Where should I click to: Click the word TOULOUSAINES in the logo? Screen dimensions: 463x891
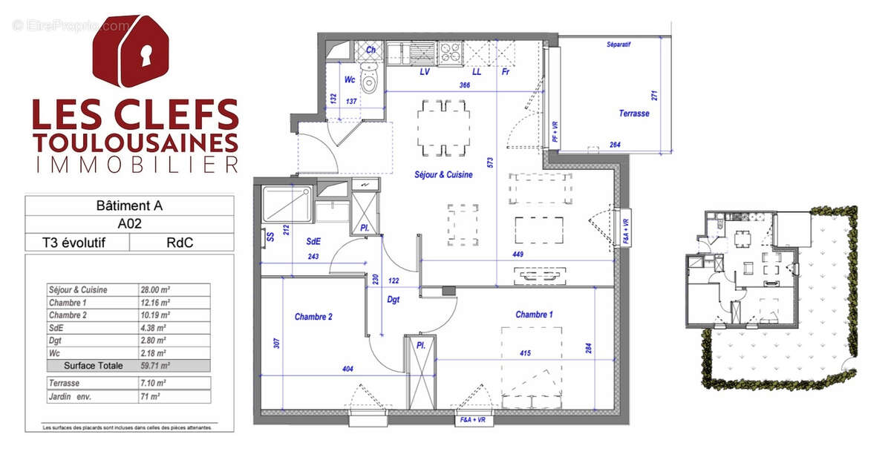point(135,141)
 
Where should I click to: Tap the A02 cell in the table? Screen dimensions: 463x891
point(130,223)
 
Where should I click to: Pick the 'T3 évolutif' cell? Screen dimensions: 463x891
point(77,242)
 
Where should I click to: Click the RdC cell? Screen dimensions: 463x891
point(181,242)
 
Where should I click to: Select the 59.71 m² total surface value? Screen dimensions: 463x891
point(155,366)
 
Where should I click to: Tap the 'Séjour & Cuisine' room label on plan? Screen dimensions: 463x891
point(443,175)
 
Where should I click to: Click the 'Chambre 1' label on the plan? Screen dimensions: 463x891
point(535,315)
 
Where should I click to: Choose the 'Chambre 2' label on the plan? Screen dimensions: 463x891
point(313,317)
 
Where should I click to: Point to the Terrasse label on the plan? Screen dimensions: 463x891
point(633,114)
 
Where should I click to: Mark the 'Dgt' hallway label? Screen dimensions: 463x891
point(394,301)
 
